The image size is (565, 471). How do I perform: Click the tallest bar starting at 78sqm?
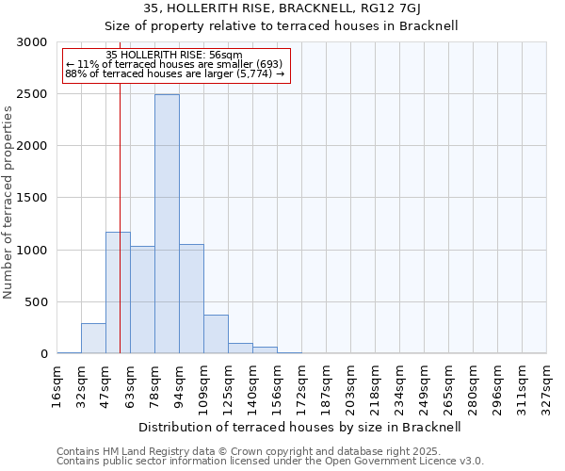point(167,224)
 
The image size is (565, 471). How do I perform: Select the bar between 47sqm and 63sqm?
point(118,293)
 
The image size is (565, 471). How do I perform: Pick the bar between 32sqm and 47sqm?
point(93,338)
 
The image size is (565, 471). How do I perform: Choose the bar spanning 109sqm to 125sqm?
point(216,334)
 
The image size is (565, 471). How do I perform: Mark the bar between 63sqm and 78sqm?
point(142,300)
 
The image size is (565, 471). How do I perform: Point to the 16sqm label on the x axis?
point(58,385)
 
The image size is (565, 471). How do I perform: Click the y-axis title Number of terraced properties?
point(9,203)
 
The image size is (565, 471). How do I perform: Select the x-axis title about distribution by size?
point(300,427)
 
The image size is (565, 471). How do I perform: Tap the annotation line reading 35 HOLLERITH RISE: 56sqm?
point(174,55)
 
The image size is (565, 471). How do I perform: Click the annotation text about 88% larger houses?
point(174,73)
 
